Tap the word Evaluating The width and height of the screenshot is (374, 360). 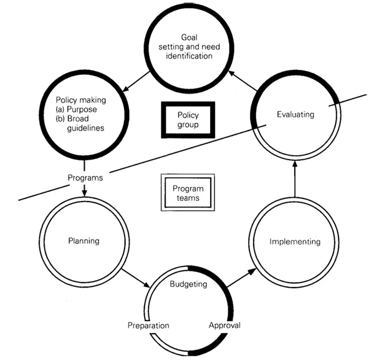[296, 114]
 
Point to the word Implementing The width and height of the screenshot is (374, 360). [295, 241]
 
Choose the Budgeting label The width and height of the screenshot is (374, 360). [189, 284]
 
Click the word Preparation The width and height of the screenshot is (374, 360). [148, 325]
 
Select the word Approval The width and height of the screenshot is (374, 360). [223, 325]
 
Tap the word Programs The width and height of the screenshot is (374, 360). [85, 178]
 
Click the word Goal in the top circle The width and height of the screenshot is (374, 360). [188, 37]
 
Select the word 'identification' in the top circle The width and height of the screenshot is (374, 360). [188, 56]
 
